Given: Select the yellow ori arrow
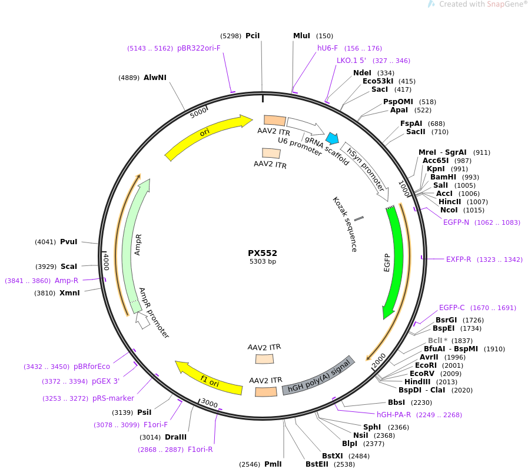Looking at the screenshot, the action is (x=205, y=135).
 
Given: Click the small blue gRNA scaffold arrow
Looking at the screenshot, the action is (x=333, y=138).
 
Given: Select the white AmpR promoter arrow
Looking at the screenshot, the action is (x=142, y=320).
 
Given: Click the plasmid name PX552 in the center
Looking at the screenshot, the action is (x=263, y=253).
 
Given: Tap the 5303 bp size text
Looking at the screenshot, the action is (x=263, y=262).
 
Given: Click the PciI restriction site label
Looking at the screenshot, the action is (x=253, y=36).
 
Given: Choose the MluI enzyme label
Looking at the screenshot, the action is (x=301, y=36).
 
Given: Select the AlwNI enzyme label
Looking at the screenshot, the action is (x=155, y=78).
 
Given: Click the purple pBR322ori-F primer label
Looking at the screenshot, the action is (x=199, y=48).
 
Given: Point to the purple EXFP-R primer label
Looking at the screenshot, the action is (x=459, y=260).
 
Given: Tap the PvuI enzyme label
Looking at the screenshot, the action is (x=69, y=242).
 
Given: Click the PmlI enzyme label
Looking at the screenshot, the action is (x=273, y=464).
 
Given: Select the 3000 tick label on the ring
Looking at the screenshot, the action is (x=209, y=403).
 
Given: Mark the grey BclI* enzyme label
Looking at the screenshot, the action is (x=437, y=341).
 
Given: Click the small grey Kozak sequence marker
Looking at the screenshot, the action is (x=359, y=219).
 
